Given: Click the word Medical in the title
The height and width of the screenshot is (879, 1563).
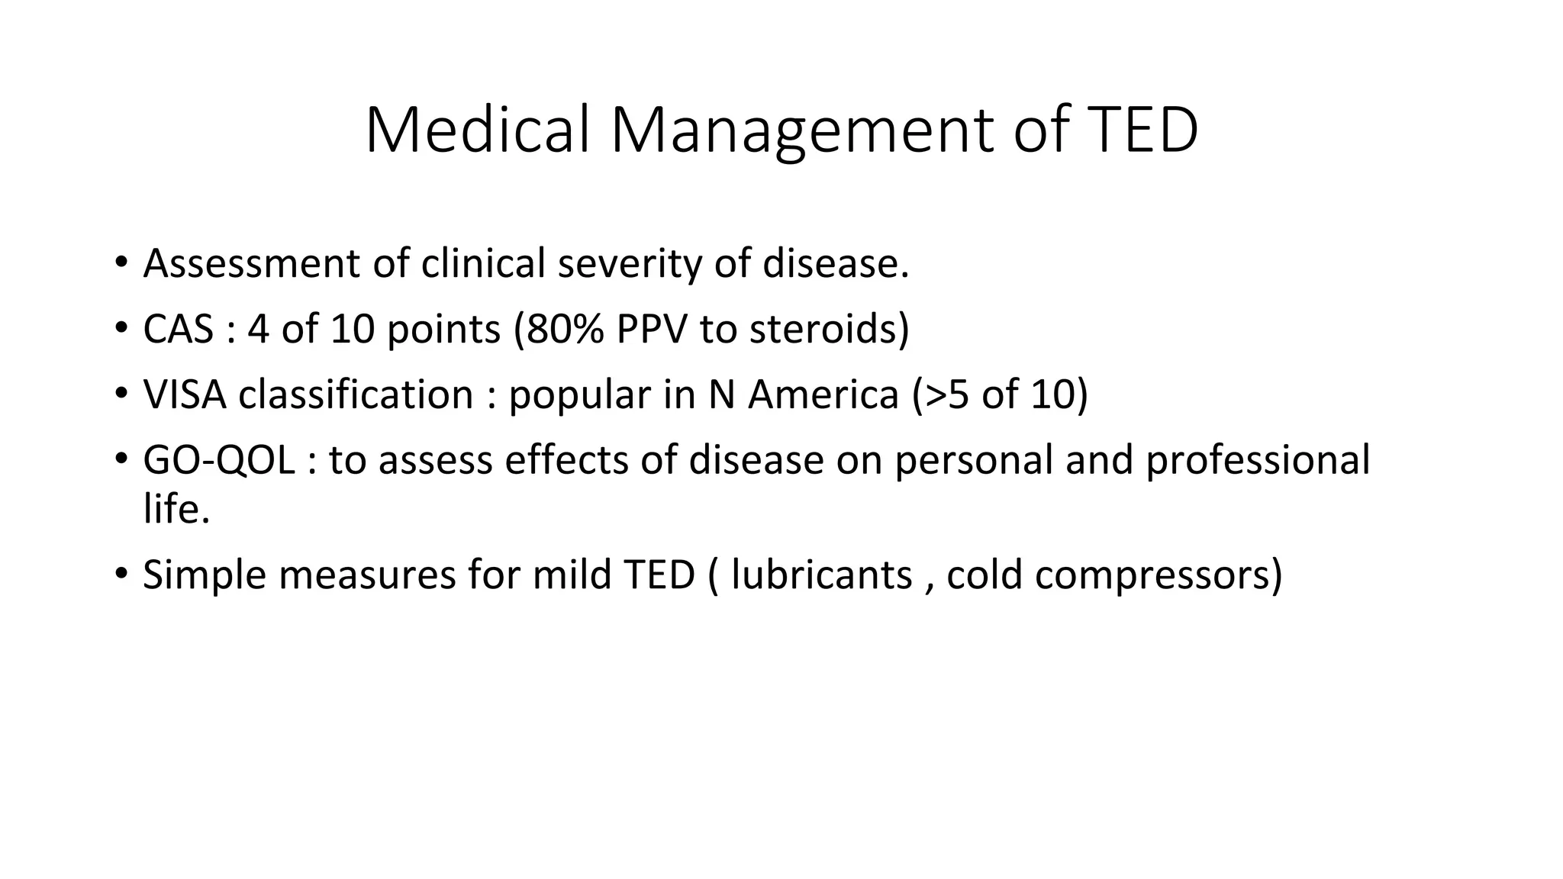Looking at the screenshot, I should (x=478, y=130).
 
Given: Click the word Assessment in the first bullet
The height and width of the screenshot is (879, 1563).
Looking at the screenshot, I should (x=250, y=264).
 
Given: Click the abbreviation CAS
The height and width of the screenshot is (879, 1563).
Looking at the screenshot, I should (x=179, y=330).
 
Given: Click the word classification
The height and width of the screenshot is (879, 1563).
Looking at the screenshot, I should (x=356, y=395).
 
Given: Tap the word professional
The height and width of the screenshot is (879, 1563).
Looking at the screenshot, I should (x=1258, y=461).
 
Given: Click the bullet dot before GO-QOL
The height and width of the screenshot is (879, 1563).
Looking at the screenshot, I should (x=121, y=459).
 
